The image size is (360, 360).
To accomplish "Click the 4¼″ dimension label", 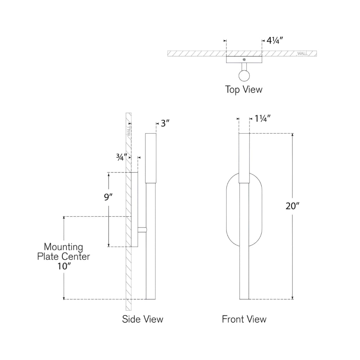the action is tap(275, 41).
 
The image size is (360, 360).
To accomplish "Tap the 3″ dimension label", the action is tap(165, 123).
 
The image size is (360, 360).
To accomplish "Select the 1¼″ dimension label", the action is tap(263, 119).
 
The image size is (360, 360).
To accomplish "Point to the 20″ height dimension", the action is tap(292, 206).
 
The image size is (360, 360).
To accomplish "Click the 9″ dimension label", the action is tap(108, 197).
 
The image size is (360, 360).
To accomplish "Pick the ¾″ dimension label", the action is tap(122, 158).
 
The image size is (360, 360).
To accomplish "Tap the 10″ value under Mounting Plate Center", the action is tap(64, 266).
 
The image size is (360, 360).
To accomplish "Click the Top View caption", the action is tap(244, 89).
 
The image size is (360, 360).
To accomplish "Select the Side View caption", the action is tap(143, 319).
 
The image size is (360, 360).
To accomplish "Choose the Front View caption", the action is tap(244, 319).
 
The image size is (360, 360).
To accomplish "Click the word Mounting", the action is tap(64, 247).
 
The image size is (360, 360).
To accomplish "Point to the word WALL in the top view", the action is tap(303, 54).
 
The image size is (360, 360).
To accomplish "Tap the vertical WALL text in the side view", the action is tap(129, 130).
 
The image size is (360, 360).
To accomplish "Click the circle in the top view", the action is tap(244, 76).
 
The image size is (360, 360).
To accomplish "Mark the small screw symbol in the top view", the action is tap(244, 59).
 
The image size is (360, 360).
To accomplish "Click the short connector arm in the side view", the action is tap(142, 230).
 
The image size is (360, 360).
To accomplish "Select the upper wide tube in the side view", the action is tap(150, 158).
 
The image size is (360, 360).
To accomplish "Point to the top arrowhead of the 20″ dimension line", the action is tap(292, 135).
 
